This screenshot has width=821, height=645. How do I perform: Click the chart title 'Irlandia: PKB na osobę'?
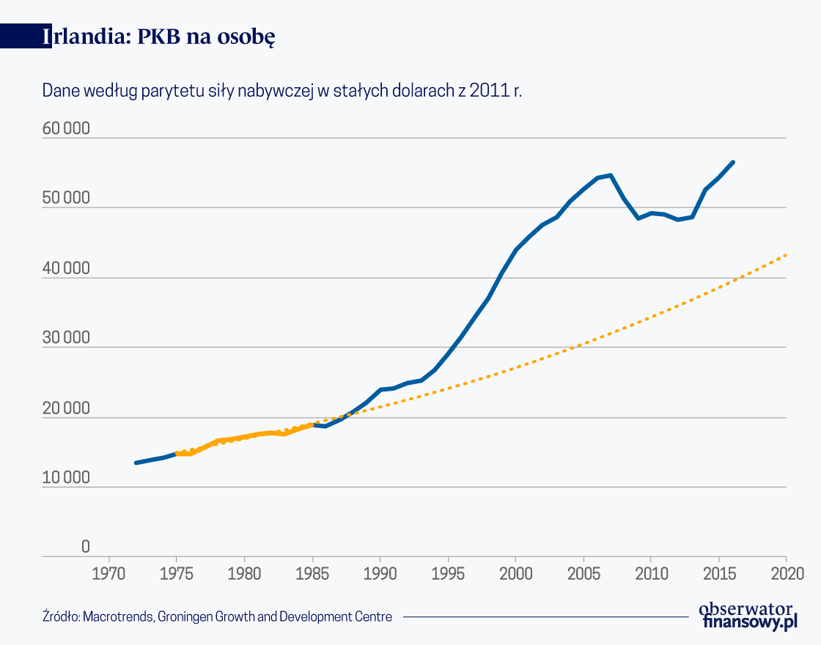coord(158,37)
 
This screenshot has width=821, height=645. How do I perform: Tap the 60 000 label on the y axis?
coord(66,129)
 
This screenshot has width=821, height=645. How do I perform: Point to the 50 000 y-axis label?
coord(66,199)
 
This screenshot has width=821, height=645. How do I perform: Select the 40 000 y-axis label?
coord(66,269)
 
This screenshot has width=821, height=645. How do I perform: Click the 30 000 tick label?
coord(66,339)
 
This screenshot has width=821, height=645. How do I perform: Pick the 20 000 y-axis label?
coord(66,409)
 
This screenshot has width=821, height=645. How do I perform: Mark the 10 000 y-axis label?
coord(66,478)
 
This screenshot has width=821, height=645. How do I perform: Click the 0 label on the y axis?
coord(85,547)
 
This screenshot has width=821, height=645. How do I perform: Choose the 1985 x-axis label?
coord(313,571)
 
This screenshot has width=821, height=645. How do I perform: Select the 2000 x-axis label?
coord(515,571)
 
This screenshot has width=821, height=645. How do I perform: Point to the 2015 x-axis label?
coord(718,571)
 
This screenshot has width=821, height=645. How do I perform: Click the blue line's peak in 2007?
coord(610,175)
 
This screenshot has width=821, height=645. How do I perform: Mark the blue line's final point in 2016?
coord(733,162)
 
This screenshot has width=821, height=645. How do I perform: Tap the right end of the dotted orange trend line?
coord(786,255)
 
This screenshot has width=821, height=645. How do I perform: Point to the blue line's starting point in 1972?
coord(136,462)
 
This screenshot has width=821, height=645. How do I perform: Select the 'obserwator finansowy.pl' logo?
coord(748,616)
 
